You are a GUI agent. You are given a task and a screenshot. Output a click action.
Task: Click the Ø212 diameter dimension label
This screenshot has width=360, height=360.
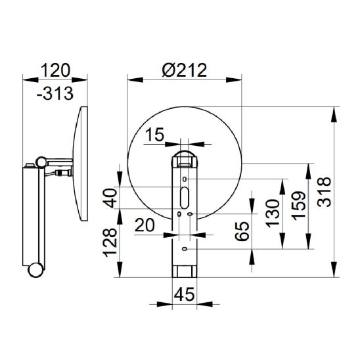[185, 70]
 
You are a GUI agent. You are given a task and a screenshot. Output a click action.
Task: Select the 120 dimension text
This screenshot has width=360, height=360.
[55, 70]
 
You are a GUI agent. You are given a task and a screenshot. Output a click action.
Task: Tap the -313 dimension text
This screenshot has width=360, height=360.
[55, 93]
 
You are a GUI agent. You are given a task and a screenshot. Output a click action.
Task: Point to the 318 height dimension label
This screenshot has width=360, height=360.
[324, 191]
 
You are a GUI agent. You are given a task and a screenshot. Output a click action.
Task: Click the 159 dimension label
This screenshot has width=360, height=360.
[299, 206]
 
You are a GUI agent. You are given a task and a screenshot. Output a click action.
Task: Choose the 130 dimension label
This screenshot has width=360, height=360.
[273, 214]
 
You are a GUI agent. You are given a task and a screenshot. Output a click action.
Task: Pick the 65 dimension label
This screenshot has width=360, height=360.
[242, 231]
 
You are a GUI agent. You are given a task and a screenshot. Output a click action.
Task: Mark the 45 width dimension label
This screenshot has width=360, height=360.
[185, 294]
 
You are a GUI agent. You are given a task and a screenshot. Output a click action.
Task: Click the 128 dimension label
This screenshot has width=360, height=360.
[110, 242]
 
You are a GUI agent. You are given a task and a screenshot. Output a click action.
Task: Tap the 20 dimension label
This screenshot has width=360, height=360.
[145, 225]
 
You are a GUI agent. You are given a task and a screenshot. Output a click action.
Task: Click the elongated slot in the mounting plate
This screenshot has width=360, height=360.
[185, 198]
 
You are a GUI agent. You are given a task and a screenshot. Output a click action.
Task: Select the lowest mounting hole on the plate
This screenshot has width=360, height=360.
[185, 249]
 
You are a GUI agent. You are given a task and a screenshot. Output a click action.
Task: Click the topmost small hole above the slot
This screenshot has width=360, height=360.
[185, 179]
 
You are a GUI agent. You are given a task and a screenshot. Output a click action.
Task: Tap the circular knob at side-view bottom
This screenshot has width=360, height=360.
[35, 270]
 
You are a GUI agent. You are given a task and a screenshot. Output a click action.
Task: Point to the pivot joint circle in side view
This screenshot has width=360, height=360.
[41, 162]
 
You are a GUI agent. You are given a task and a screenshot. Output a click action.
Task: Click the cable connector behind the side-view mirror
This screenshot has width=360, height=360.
[63, 172]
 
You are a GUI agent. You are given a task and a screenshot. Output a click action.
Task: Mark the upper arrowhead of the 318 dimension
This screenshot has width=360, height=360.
[334, 114]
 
